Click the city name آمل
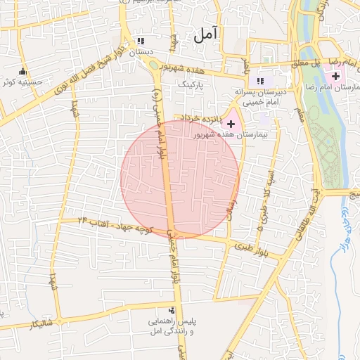pos(205,32)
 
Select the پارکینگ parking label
pos(190,84)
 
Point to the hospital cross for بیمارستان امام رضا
pos(336,76)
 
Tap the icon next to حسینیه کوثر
pos(23,71)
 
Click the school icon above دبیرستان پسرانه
pos(262,81)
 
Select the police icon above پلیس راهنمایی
pos(173,309)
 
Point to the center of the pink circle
pos(180,179)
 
